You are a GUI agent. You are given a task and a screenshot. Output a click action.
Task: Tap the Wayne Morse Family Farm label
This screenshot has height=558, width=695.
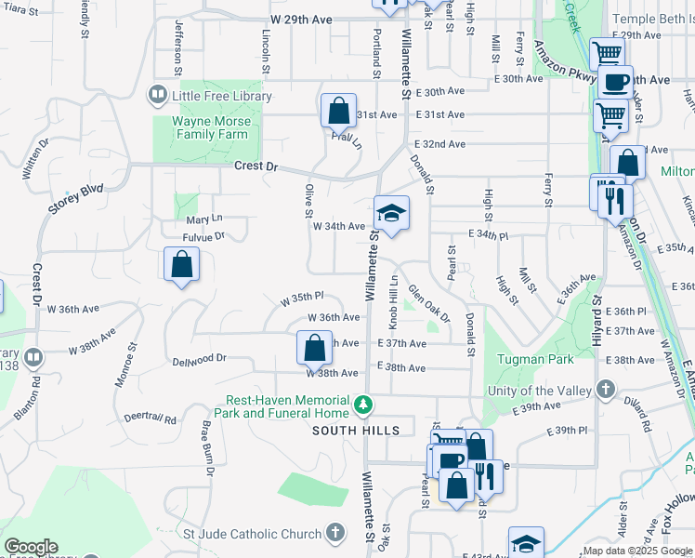coord(209,127)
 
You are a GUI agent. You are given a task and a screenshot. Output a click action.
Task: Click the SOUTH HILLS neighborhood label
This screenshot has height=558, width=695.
coord(356,431)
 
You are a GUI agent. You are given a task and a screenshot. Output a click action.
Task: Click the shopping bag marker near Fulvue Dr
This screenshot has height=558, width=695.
coord(181,265)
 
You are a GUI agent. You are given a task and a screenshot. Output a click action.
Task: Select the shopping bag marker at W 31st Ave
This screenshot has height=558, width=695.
coord(338,111)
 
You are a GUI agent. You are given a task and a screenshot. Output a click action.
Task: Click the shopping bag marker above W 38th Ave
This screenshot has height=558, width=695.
coord(314,348)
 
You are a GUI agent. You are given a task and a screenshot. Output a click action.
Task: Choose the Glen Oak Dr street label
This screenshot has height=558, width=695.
coord(429,303)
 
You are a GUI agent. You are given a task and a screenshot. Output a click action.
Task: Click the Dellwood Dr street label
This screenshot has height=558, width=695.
coord(199,358)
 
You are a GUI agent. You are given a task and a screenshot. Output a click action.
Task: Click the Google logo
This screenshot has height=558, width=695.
coord(31,547)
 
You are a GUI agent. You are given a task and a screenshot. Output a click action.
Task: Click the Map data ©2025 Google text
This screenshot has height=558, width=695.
coord(636,551)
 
